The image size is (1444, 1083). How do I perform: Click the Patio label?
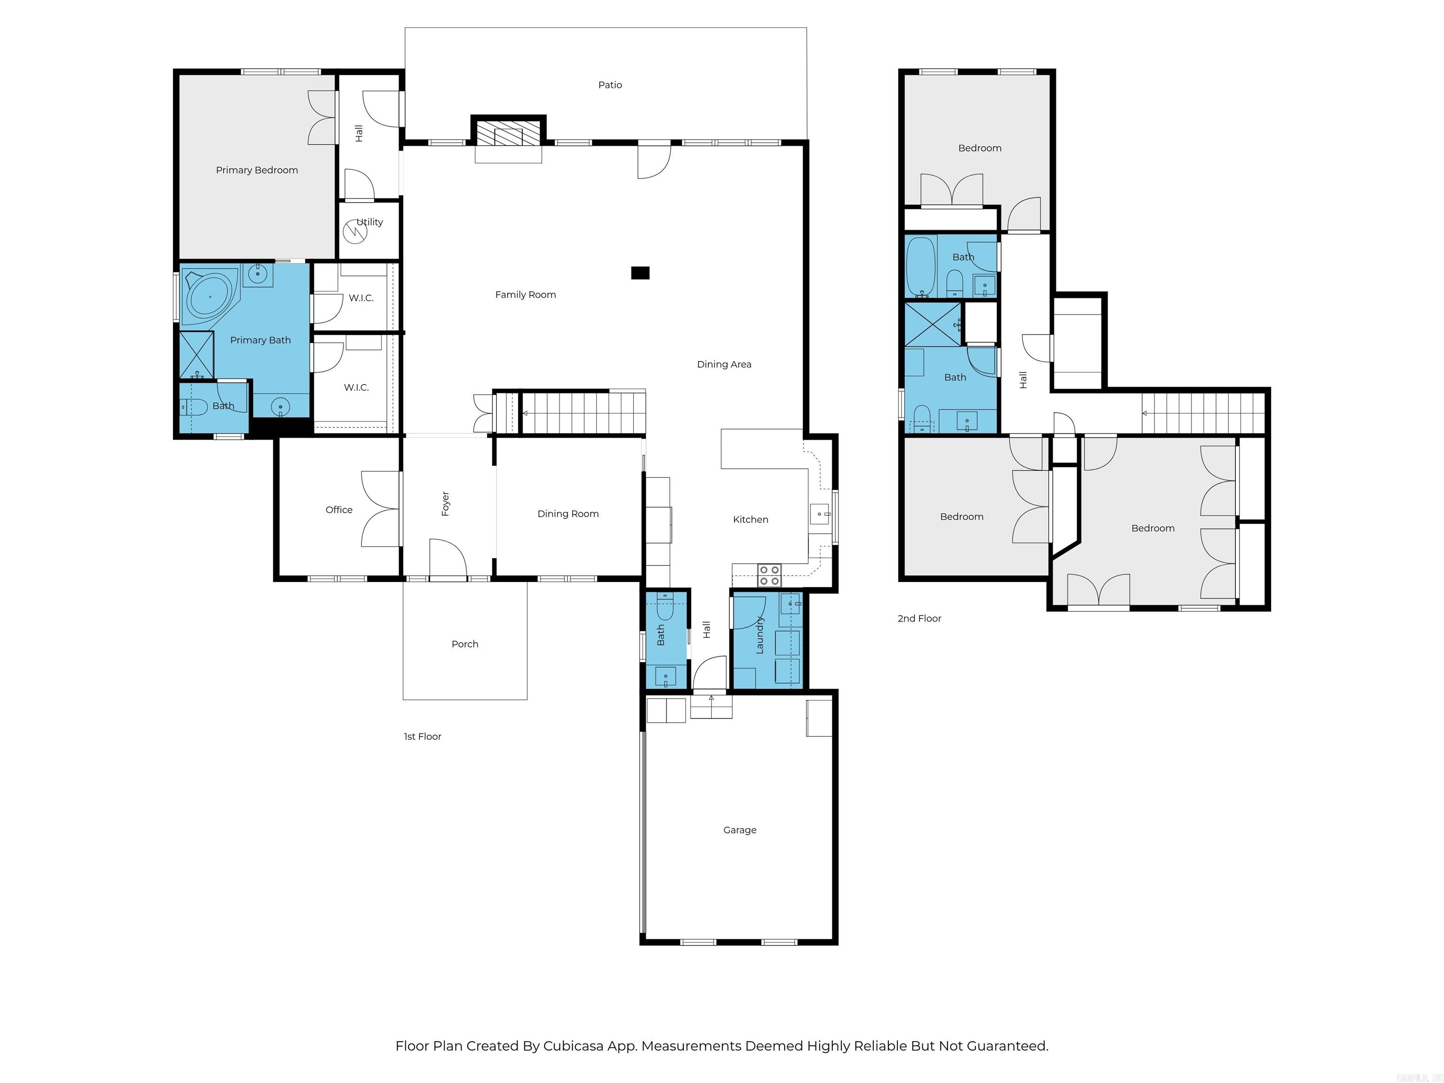tap(610, 85)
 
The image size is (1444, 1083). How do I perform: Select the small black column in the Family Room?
tap(640, 273)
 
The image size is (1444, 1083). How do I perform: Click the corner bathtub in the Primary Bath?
tap(209, 297)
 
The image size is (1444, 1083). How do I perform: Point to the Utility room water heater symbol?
tap(355, 231)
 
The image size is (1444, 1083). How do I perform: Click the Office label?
tap(339, 510)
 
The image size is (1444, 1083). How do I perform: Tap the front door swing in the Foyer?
tap(448, 558)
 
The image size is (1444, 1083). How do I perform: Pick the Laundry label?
tap(759, 635)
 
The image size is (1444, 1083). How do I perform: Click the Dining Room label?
tap(568, 514)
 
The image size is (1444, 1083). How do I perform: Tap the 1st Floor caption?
tap(423, 737)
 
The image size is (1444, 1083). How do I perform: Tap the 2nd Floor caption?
tap(919, 618)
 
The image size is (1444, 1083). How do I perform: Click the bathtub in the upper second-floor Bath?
tap(920, 267)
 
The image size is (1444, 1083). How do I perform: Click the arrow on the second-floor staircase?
tap(1145, 413)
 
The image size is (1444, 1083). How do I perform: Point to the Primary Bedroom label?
tap(257, 170)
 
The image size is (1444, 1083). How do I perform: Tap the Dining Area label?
tap(724, 364)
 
